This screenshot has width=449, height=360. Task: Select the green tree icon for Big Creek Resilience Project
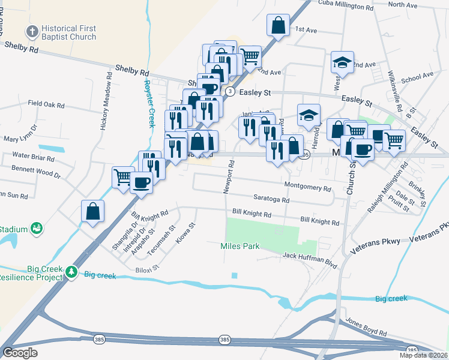pyautogui.click(x=71, y=272)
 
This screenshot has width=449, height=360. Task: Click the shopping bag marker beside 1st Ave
pyautogui.click(x=277, y=26)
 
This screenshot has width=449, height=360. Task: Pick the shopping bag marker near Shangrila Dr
pyautogui.click(x=92, y=211)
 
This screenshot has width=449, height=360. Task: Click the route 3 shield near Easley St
pyautogui.click(x=230, y=91)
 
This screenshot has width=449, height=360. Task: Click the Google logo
pyautogui.click(x=20, y=353)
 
